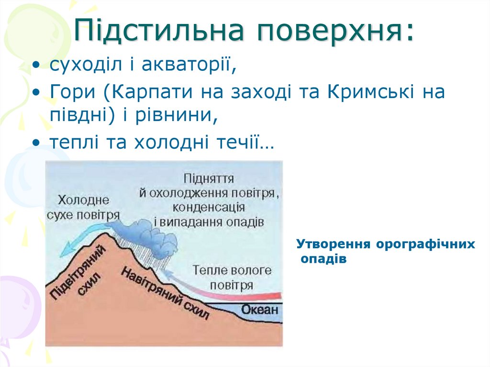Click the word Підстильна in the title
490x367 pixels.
[160, 31]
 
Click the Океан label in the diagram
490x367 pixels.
[259, 309]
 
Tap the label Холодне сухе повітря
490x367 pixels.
[83, 207]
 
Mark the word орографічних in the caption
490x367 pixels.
[425, 244]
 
